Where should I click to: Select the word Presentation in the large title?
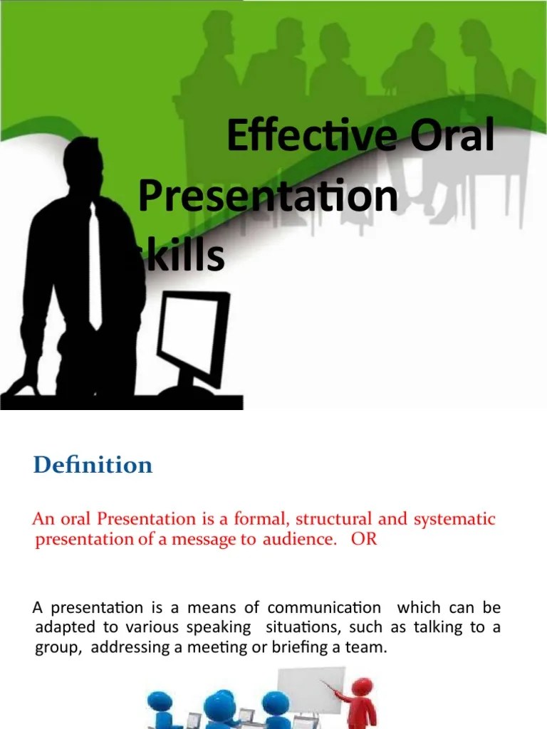(268, 196)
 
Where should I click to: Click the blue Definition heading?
(93, 466)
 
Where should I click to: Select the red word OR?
(363, 539)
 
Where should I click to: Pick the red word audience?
(298, 539)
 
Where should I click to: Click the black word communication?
(324, 608)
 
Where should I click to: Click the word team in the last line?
(370, 648)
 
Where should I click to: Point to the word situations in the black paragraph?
(291, 628)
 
